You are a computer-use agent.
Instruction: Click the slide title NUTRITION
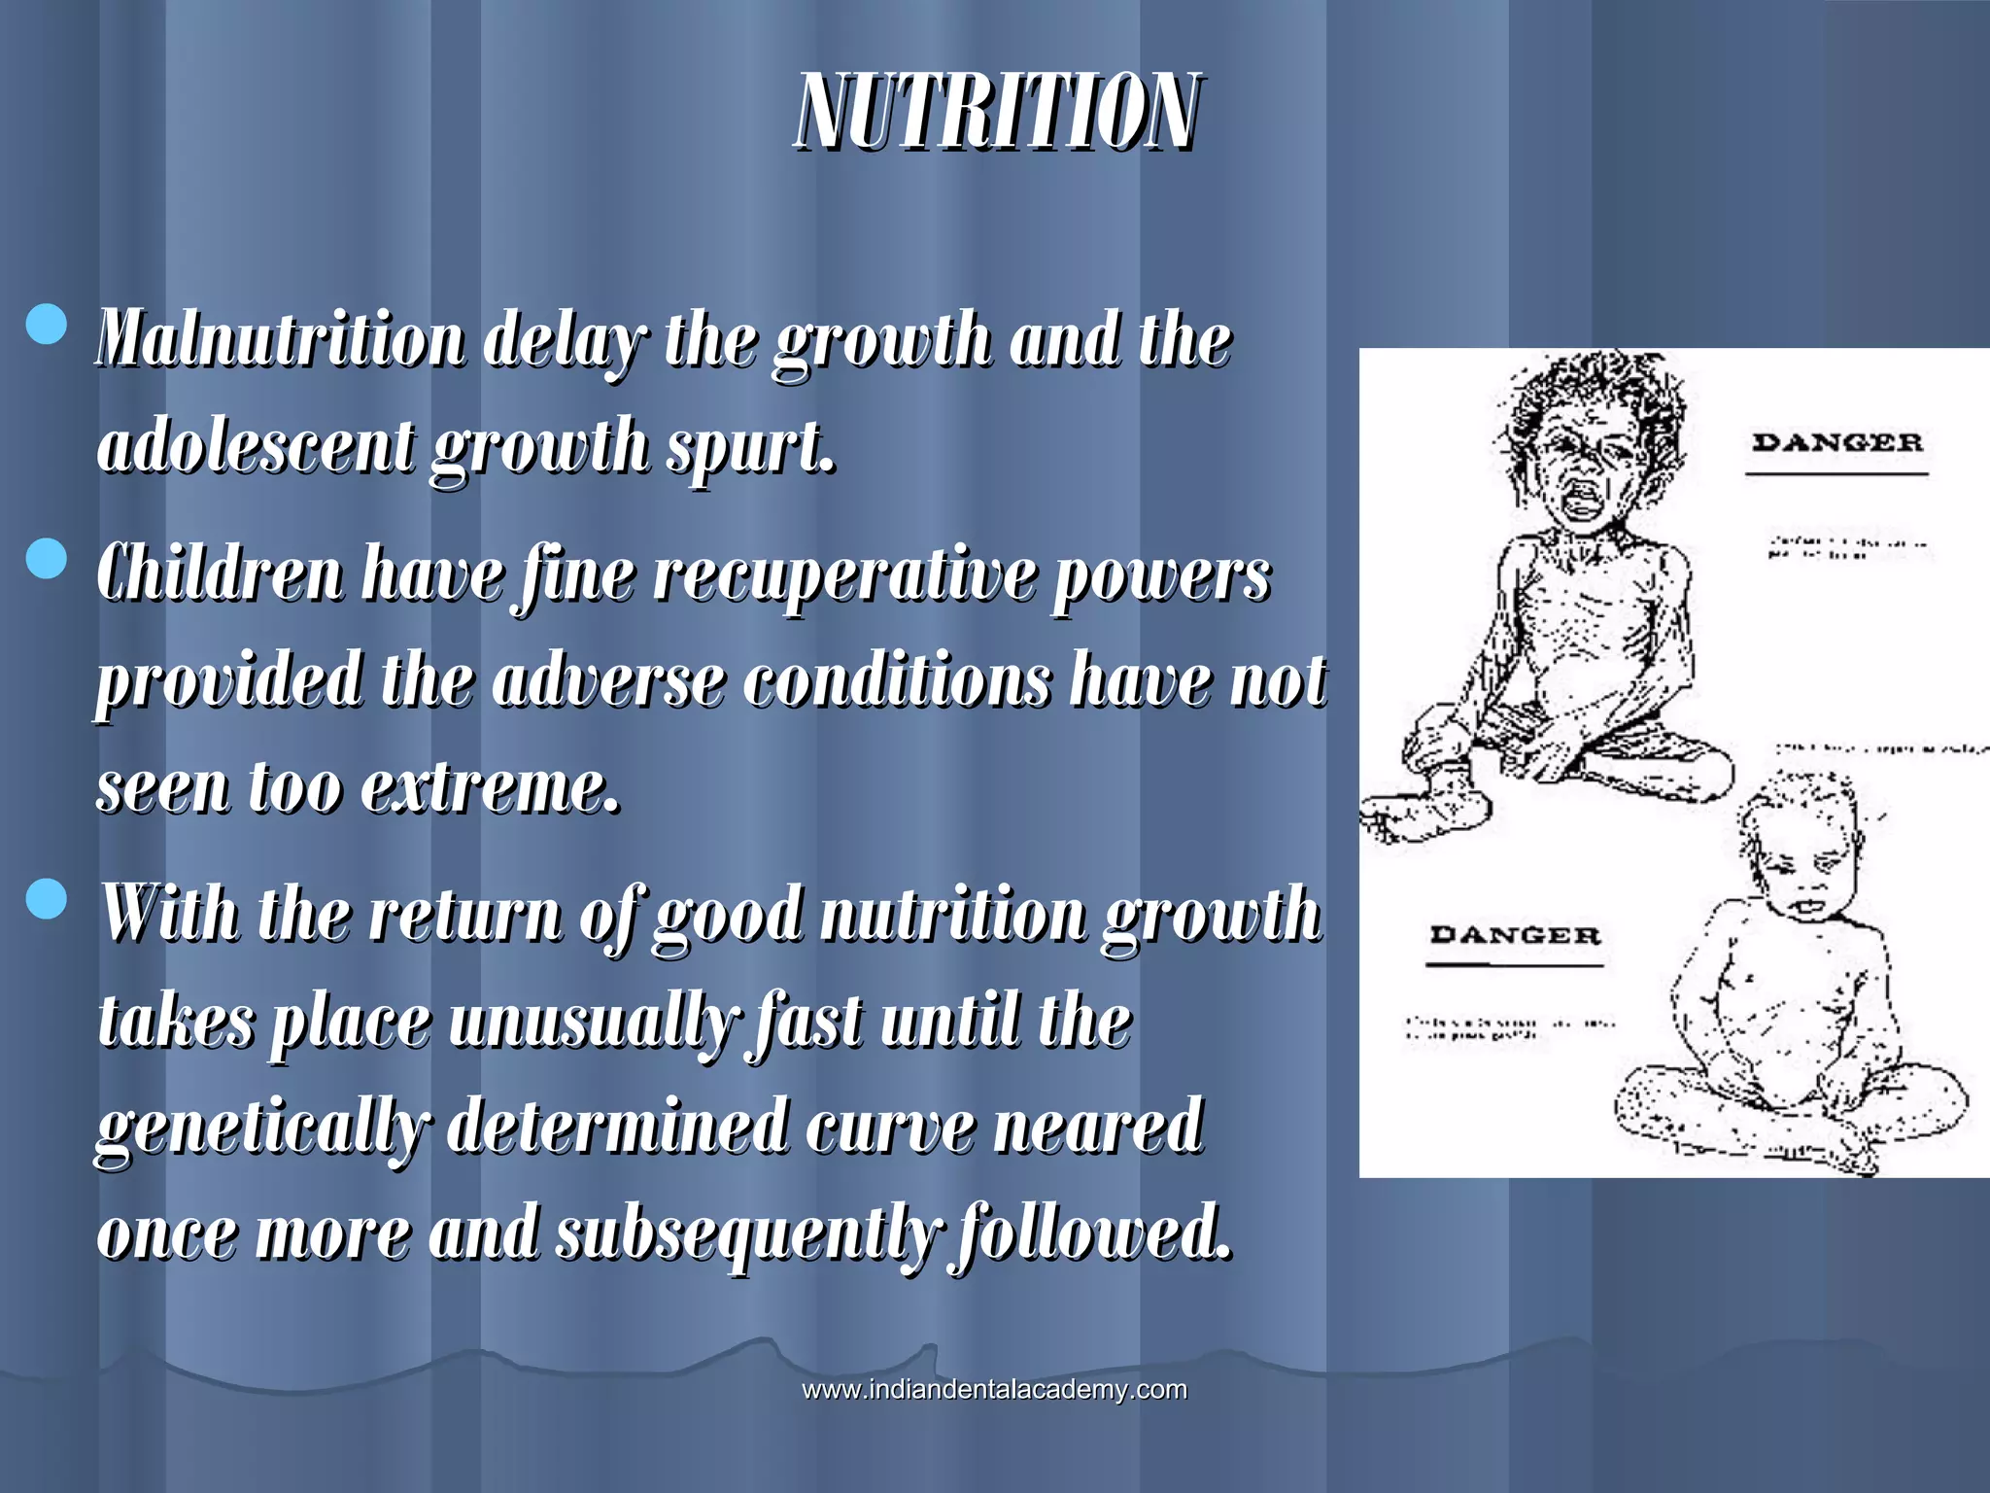pyautogui.click(x=997, y=113)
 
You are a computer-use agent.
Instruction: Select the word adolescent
pyautogui.click(x=256, y=446)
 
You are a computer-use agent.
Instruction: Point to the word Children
pyautogui.click(x=220, y=573)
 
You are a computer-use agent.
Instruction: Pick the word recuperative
pyautogui.click(x=841, y=575)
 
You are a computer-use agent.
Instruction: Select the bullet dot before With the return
pyautogui.click(x=47, y=899)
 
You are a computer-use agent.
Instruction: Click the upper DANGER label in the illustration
pyautogui.click(x=1836, y=443)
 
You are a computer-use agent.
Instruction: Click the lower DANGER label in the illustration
pyautogui.click(x=1514, y=935)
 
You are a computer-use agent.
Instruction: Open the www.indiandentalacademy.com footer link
pyautogui.click(x=994, y=1389)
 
